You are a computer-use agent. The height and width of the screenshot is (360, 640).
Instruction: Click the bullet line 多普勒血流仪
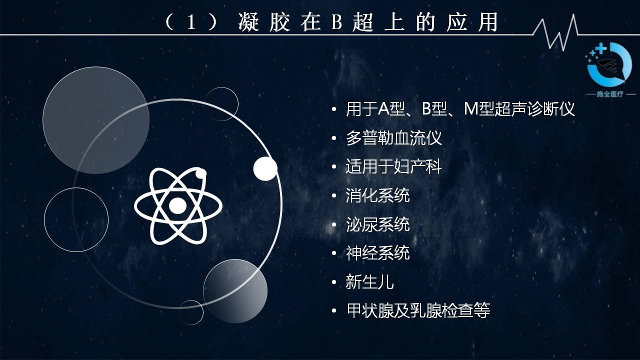pyautogui.click(x=393, y=138)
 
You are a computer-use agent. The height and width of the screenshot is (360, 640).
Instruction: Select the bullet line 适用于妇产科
pyautogui.click(x=393, y=167)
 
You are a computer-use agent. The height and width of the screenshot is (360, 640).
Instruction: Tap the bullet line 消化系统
pyautogui.click(x=377, y=195)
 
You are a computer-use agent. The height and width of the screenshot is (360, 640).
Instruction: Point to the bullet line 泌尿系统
pyautogui.click(x=377, y=224)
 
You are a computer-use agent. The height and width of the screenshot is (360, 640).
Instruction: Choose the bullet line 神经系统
pyautogui.click(x=377, y=253)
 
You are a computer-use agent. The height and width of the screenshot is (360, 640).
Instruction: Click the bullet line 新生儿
pyautogui.click(x=369, y=282)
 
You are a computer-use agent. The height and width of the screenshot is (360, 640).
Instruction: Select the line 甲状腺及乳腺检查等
pyautogui.click(x=418, y=310)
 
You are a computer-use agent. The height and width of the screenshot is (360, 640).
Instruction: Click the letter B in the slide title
pyautogui.click(x=337, y=22)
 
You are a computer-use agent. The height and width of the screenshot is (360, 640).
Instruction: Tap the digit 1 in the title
pyautogui.click(x=191, y=22)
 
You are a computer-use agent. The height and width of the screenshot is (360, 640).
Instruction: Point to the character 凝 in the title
pyautogui.click(x=248, y=22)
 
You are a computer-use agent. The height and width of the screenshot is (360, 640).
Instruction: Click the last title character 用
pyautogui.click(x=488, y=22)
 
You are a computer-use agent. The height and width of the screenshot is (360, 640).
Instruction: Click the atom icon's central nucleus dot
pyautogui.click(x=177, y=205)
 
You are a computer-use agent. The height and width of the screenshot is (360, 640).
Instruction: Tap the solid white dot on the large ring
pyautogui.click(x=265, y=168)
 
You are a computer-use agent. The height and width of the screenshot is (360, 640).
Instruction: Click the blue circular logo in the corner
pyautogui.click(x=608, y=64)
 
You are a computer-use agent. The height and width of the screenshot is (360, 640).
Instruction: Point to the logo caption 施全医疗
pyautogui.click(x=610, y=94)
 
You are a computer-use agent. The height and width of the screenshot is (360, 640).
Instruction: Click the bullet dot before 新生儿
pyautogui.click(x=334, y=282)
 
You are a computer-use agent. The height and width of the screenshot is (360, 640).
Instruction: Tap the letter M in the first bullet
pyautogui.click(x=471, y=109)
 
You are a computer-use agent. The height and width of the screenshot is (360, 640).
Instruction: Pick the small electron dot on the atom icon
pyautogui.click(x=200, y=173)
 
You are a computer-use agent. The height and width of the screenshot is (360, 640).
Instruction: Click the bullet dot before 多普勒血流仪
pyautogui.click(x=334, y=138)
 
